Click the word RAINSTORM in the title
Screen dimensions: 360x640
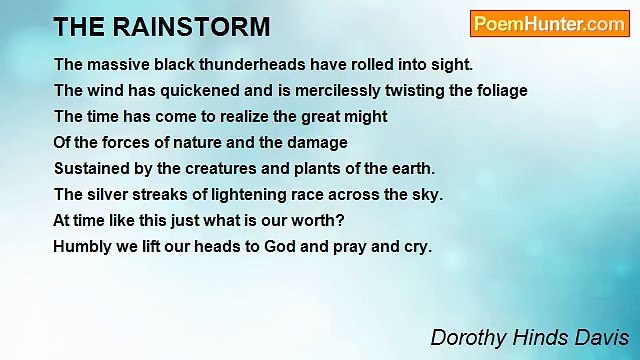(201, 26)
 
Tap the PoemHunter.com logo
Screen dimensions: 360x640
(549, 24)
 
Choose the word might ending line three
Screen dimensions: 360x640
(365, 117)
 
